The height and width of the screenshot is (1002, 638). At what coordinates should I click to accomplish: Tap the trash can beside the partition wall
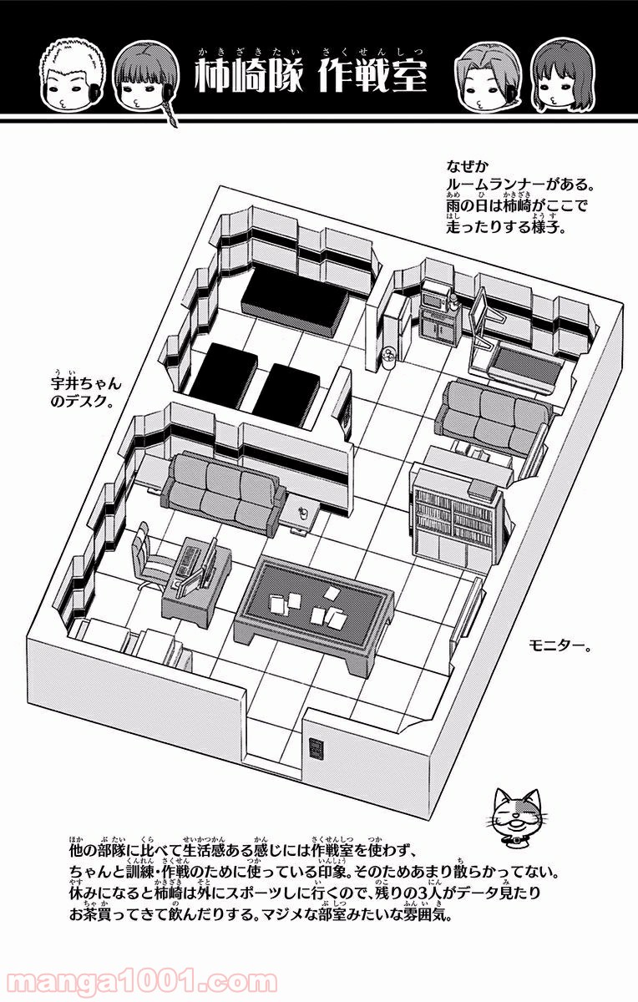388,359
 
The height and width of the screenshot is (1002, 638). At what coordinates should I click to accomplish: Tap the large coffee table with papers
313,603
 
